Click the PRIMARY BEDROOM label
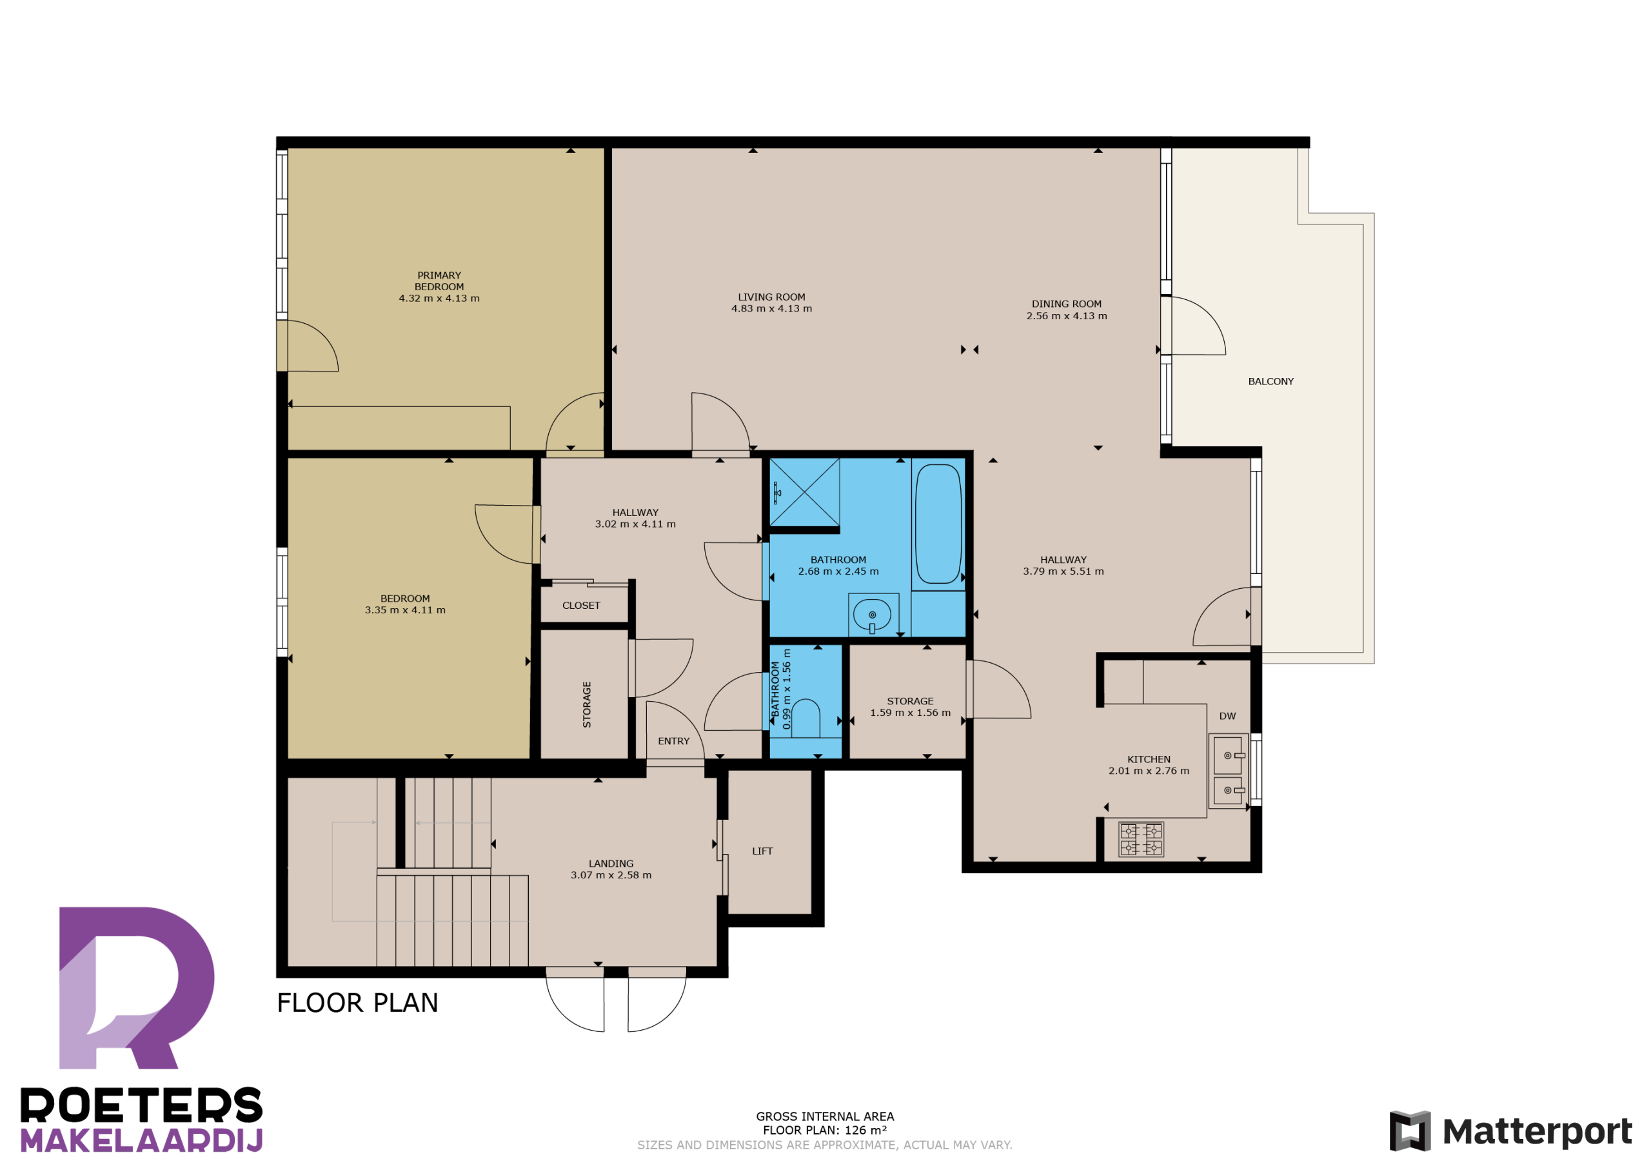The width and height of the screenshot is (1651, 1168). click(x=439, y=281)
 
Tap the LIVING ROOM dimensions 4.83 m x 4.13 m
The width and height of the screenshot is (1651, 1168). click(x=771, y=308)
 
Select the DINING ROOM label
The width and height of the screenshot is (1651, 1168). click(x=1067, y=304)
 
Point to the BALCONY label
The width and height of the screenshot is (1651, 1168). click(x=1270, y=382)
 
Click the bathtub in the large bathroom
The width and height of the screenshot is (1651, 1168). click(x=938, y=524)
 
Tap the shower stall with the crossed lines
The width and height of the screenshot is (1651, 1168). click(x=805, y=492)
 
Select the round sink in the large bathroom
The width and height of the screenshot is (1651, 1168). click(x=872, y=615)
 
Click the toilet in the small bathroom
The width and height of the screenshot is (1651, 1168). click(x=806, y=717)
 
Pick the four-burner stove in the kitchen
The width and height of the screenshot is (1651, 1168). click(x=1141, y=839)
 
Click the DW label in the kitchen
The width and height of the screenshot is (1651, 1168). click(x=1227, y=717)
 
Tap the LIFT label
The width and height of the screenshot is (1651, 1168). click(x=762, y=851)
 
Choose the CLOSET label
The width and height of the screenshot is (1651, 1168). click(x=581, y=606)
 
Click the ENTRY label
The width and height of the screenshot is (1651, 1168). click(x=673, y=742)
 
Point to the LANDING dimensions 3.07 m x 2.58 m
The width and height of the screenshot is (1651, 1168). click(x=611, y=875)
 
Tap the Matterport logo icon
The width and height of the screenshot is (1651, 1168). click(x=1409, y=1131)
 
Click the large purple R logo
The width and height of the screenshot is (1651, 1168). click(x=137, y=987)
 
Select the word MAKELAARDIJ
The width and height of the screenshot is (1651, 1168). click(x=142, y=1141)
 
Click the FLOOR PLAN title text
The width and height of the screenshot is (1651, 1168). click(x=357, y=1004)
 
